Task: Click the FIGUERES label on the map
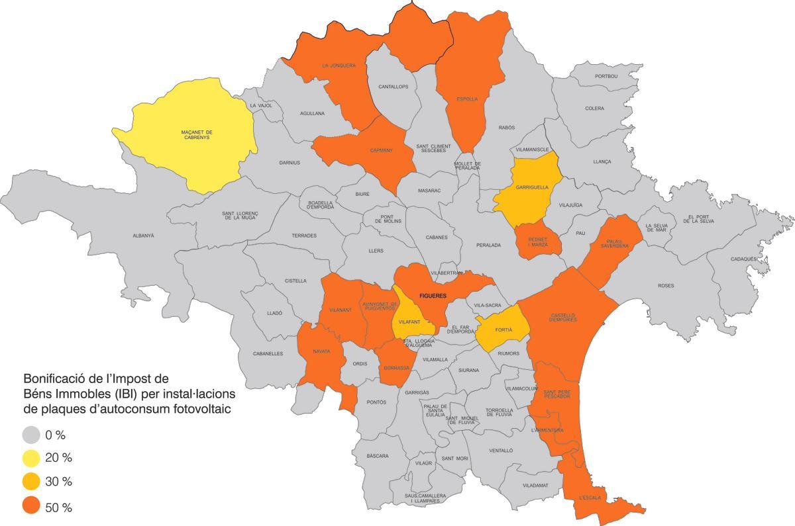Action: tap(433, 295)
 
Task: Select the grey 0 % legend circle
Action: tap(31, 435)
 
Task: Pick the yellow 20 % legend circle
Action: tap(31, 458)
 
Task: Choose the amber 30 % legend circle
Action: tap(31, 482)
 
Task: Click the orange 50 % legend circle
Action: tap(31, 506)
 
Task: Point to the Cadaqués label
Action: tap(745, 259)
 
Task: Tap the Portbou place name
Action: tap(606, 77)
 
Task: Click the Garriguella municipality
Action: tap(531, 187)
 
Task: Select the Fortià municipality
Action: tap(503, 329)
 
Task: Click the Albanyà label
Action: tap(143, 236)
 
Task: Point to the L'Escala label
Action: tap(589, 498)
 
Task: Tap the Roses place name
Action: tap(666, 286)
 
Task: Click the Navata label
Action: tap(321, 351)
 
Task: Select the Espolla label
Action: tap(467, 99)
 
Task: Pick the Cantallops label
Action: tap(394, 87)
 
